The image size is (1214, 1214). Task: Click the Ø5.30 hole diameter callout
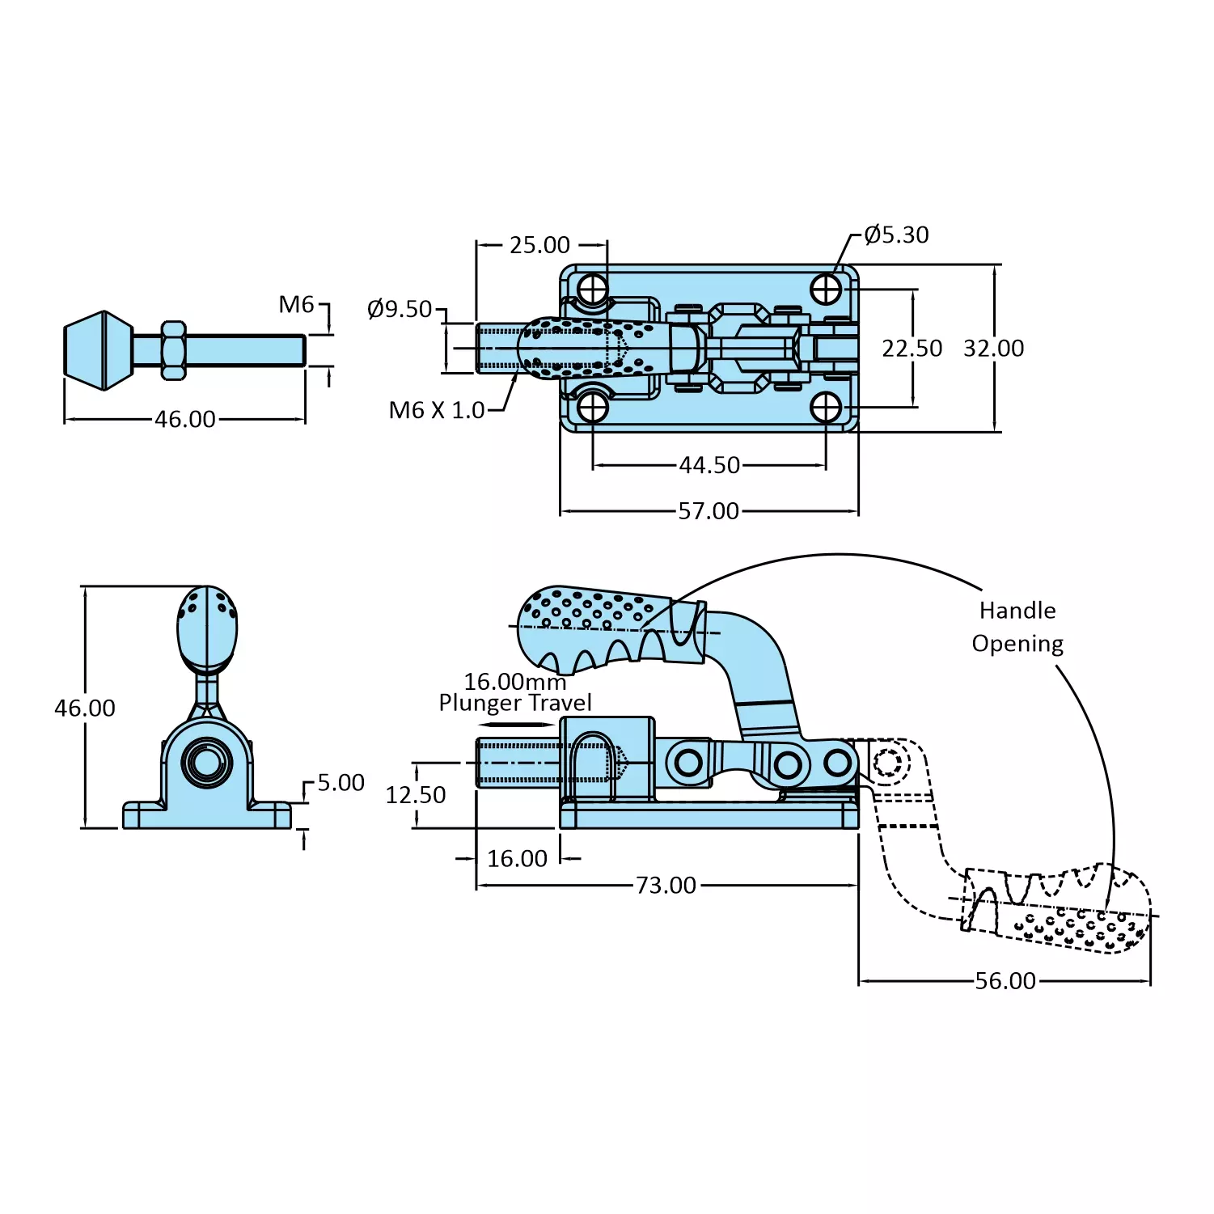(896, 235)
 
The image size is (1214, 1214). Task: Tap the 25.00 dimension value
(539, 244)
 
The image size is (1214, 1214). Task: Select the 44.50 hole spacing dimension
(709, 465)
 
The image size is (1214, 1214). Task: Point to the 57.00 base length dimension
(709, 511)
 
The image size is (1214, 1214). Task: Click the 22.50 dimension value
(912, 349)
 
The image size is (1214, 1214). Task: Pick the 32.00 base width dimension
(993, 349)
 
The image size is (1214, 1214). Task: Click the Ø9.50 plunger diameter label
(400, 309)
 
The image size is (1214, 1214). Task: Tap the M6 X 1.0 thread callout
(437, 410)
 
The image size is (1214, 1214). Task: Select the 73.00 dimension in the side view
(666, 886)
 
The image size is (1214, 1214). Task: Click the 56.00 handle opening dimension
(1005, 981)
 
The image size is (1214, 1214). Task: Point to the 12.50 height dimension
(416, 795)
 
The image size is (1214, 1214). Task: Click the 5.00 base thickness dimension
(341, 783)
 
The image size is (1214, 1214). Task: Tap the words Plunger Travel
(515, 703)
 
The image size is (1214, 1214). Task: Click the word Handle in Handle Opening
(1017, 611)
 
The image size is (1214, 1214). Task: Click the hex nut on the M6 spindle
(173, 350)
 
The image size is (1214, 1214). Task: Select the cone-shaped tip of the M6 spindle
(98, 350)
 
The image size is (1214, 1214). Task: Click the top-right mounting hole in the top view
(826, 289)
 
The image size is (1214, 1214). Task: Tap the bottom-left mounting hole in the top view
(593, 408)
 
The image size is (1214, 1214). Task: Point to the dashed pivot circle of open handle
(887, 762)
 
